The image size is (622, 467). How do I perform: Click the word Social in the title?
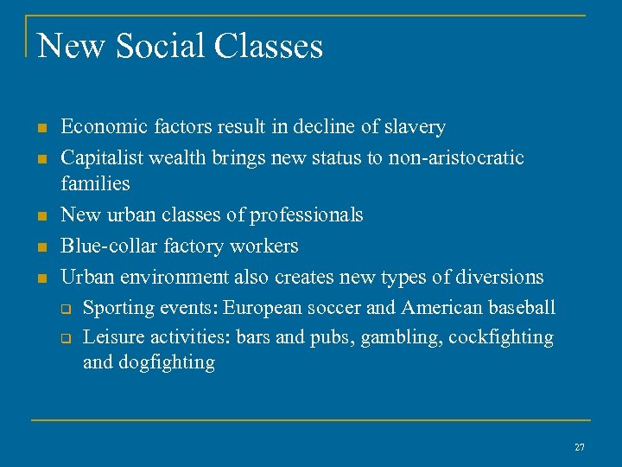tap(163, 46)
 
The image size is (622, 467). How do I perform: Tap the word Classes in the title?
tap(270, 46)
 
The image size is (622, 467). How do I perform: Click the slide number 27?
tap(579, 447)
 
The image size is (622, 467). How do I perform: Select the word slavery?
tap(416, 128)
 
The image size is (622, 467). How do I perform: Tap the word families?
tap(95, 183)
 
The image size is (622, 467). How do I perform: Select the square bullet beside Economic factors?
tap(41, 129)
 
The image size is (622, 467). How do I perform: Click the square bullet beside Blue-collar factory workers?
tap(41, 247)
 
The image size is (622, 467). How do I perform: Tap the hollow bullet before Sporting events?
tap(63, 309)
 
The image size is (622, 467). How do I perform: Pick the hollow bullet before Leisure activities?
tap(63, 338)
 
